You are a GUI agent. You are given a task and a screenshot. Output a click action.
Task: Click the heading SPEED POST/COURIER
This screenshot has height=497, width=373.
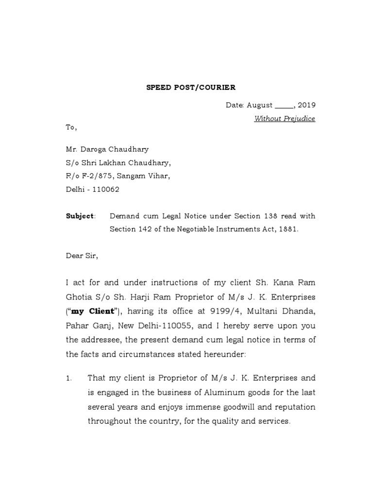pyautogui.click(x=184, y=88)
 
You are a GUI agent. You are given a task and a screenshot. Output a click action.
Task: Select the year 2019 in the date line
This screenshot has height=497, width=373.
pyautogui.click(x=306, y=105)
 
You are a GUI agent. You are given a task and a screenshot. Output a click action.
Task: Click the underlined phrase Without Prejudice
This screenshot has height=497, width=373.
pyautogui.click(x=285, y=119)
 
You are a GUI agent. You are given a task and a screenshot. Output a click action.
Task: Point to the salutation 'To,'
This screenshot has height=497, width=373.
pyautogui.click(x=71, y=128)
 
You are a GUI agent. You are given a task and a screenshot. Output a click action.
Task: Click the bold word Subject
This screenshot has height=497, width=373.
pyautogui.click(x=80, y=216)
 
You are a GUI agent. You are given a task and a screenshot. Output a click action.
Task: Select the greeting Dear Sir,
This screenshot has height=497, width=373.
pyautogui.click(x=82, y=256)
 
